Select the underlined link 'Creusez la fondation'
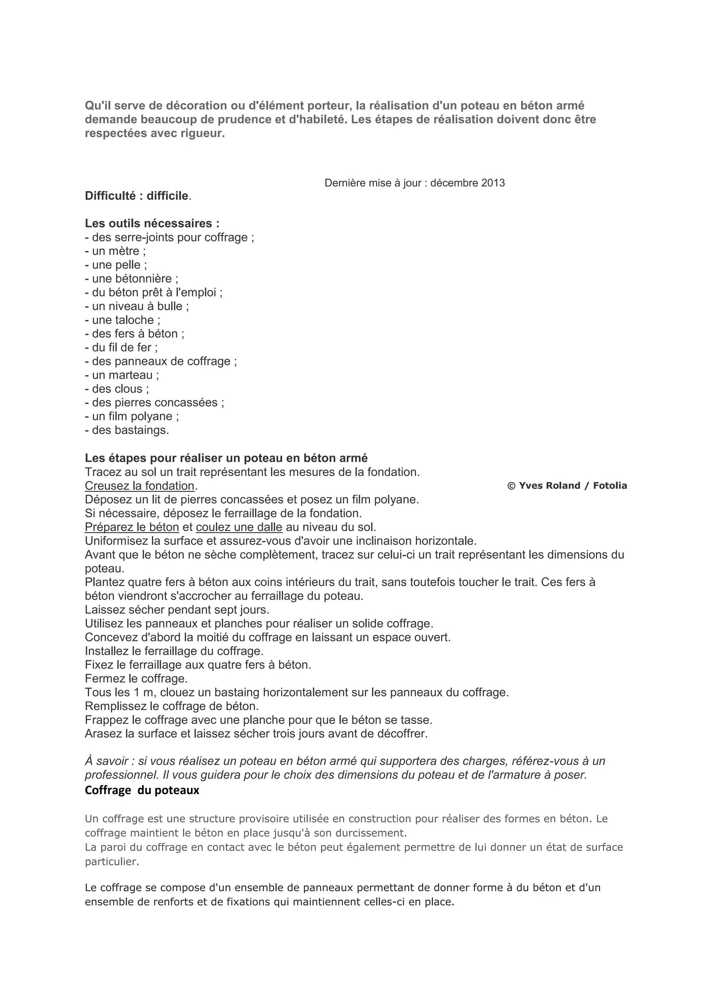pos(140,486)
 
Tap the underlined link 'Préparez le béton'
pos(132,527)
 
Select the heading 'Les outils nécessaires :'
pos(152,223)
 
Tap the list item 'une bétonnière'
pos(132,279)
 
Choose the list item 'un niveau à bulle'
pos(137,306)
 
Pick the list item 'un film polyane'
pos(132,416)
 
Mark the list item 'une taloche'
pos(123,320)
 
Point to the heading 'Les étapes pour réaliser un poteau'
pos(226,458)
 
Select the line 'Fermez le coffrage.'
pos(136,679)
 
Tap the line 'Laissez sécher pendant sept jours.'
pos(177,610)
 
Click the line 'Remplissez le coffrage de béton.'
pos(172,706)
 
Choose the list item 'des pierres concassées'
pos(155,403)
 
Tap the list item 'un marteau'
pos(122,375)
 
